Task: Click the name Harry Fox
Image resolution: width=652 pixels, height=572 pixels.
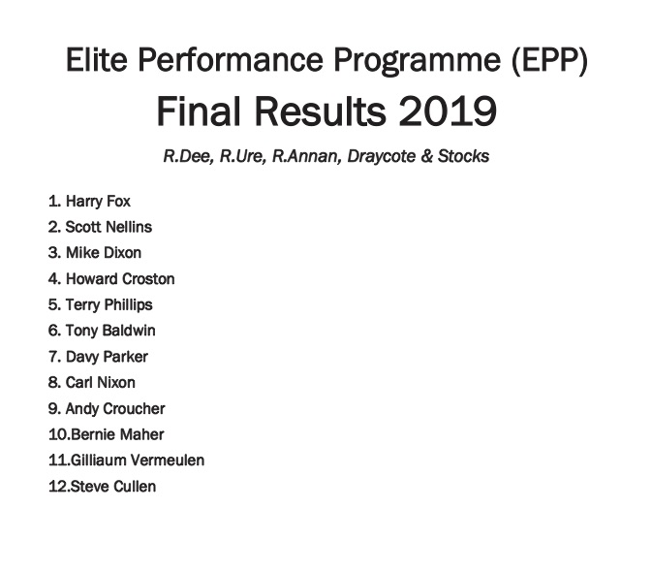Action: [98, 202]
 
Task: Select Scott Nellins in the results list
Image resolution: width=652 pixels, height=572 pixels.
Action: [109, 227]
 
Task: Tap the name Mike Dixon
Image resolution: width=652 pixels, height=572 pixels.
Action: [103, 253]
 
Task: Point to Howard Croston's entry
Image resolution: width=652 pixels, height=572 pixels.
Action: [120, 278]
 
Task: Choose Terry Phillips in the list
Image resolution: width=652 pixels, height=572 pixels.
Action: [109, 304]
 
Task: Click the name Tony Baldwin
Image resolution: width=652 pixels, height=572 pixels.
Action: [110, 331]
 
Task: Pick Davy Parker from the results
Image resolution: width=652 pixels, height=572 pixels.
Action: [107, 357]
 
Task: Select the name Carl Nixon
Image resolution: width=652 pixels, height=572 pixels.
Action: [101, 382]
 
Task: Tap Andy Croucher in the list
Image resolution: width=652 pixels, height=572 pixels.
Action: [115, 408]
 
